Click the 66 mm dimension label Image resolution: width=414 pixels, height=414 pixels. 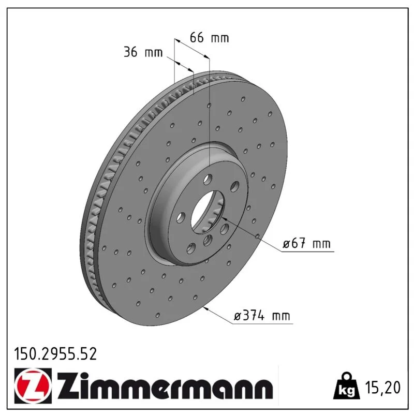point(209,37)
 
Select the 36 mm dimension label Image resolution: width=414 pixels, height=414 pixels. point(143,52)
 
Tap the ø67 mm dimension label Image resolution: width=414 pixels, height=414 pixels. point(306,243)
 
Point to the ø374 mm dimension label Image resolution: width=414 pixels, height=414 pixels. point(262,316)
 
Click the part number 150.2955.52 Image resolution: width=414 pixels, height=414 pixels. point(55,354)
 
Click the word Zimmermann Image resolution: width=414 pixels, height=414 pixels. point(165,386)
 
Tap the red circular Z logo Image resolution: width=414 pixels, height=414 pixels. point(33,386)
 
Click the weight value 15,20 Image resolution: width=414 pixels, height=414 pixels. point(382,387)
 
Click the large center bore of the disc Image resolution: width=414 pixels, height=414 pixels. point(208,212)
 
